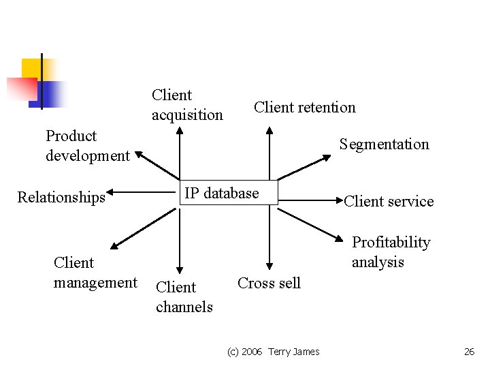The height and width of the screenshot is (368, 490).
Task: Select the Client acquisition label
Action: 187,105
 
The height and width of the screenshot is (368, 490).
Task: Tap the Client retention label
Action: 304,108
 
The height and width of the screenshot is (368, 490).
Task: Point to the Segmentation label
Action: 385,144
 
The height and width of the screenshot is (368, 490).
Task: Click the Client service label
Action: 389,201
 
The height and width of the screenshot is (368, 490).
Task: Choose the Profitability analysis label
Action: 391,252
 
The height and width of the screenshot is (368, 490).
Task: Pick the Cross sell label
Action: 269,283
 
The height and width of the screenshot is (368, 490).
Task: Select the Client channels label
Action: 184,297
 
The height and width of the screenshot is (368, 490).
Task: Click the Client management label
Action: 95,273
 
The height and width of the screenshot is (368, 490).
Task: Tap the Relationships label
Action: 61,198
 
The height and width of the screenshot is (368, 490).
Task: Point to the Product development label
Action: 87,146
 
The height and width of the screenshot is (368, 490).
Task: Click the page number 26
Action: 469,352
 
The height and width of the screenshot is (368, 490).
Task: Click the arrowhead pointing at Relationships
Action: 110,192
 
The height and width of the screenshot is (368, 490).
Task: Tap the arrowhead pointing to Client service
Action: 340,200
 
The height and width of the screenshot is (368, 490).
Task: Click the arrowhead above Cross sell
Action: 269,266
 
